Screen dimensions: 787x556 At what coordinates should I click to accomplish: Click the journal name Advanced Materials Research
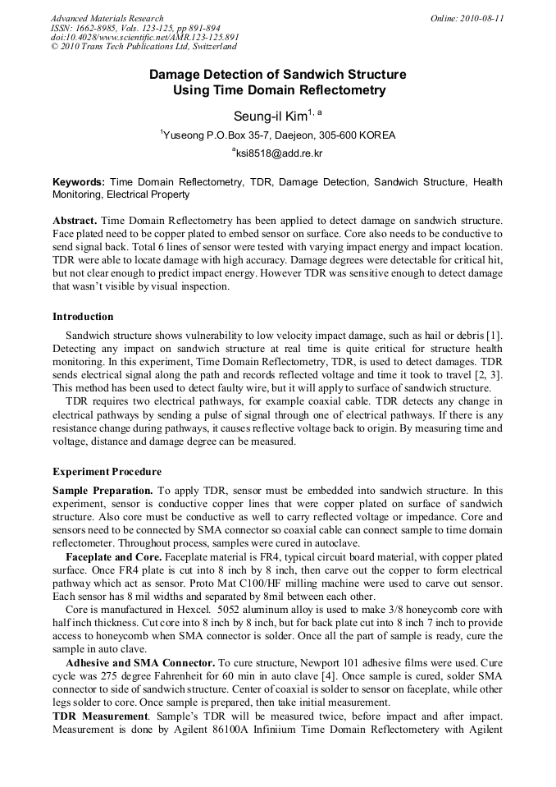[x=107, y=18]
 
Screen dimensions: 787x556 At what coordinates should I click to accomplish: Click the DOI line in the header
[x=145, y=38]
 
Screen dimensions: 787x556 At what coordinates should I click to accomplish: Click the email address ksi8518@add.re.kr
[x=278, y=153]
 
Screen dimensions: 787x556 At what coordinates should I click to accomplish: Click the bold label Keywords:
[x=79, y=182]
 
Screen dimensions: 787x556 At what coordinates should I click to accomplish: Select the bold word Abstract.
[x=75, y=222]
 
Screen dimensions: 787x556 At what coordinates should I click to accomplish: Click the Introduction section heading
[x=83, y=317]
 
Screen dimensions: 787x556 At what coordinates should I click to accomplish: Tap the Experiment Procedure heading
[x=107, y=472]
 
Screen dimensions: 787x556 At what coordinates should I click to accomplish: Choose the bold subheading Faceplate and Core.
[x=114, y=557]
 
